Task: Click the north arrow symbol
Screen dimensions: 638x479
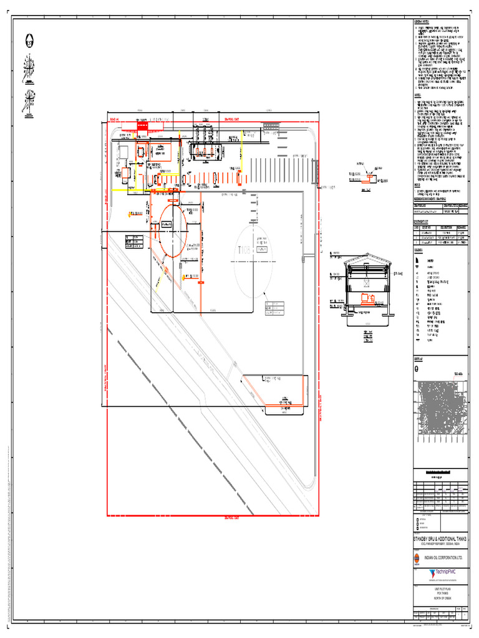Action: pyautogui.click(x=29, y=42)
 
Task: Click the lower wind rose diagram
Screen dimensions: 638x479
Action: pyautogui.click(x=28, y=100)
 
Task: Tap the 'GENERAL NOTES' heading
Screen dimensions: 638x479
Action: pyautogui.click(x=422, y=21)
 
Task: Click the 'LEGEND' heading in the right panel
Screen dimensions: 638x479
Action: pyautogui.click(x=419, y=249)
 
